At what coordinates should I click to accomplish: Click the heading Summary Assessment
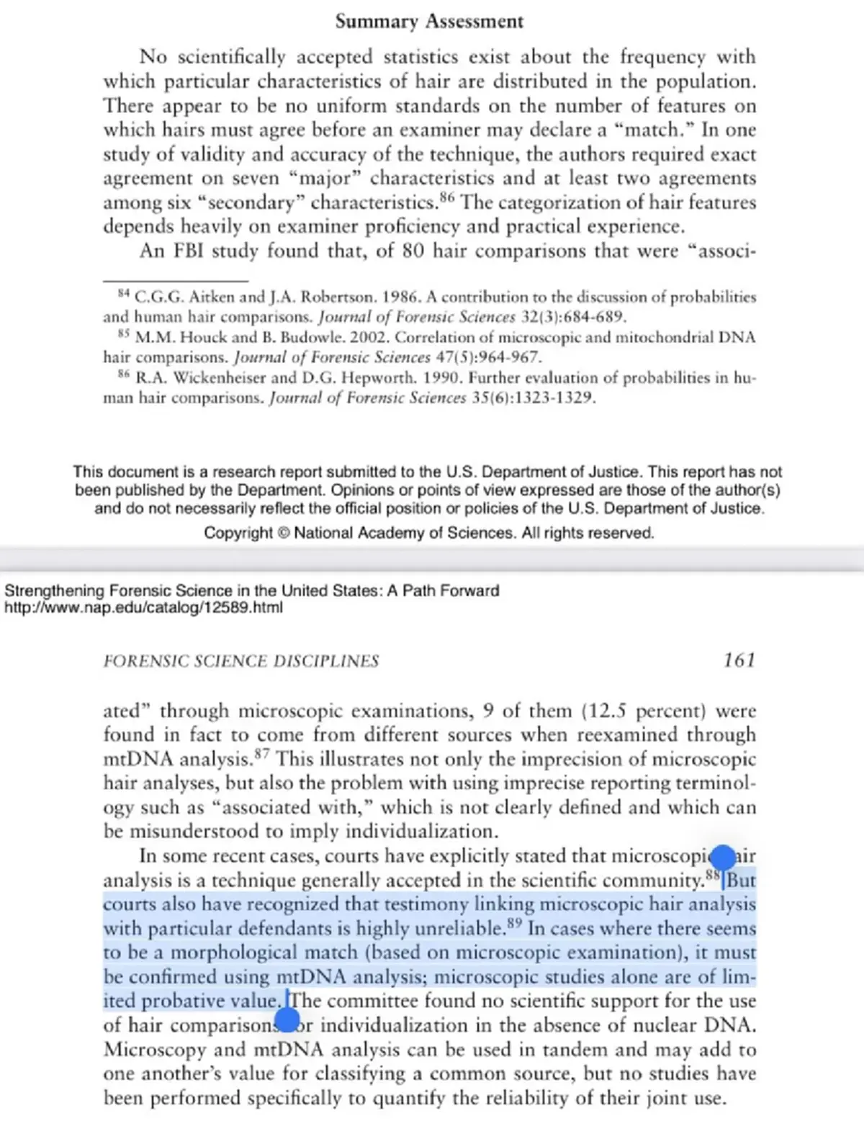[429, 22]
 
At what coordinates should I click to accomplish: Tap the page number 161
[739, 660]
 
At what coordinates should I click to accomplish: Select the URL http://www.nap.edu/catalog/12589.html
[143, 608]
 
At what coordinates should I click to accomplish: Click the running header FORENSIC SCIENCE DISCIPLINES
[241, 661]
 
